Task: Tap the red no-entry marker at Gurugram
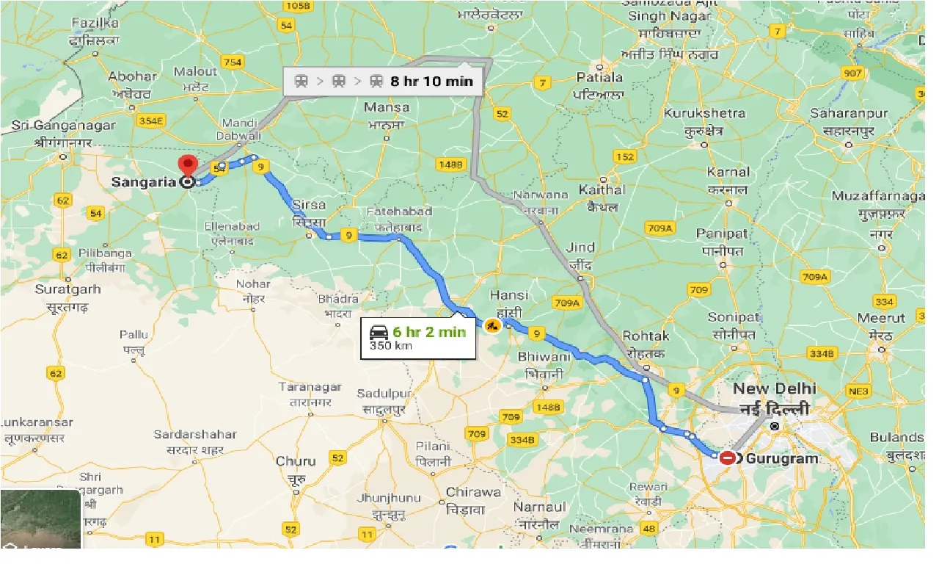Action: [727, 458]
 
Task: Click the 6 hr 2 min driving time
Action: [429, 332]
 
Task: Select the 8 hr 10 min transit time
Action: [431, 81]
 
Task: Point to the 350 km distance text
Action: [390, 346]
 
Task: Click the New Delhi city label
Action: [774, 389]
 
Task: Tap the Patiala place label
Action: [600, 77]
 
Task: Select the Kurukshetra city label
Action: [704, 113]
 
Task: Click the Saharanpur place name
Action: [849, 113]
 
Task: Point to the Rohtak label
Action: [646, 336]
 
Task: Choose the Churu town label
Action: [296, 461]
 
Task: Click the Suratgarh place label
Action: [67, 289]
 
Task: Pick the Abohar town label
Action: [132, 76]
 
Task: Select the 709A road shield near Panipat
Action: [660, 229]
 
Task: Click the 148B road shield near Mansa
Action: [450, 164]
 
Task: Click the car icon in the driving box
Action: [379, 332]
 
